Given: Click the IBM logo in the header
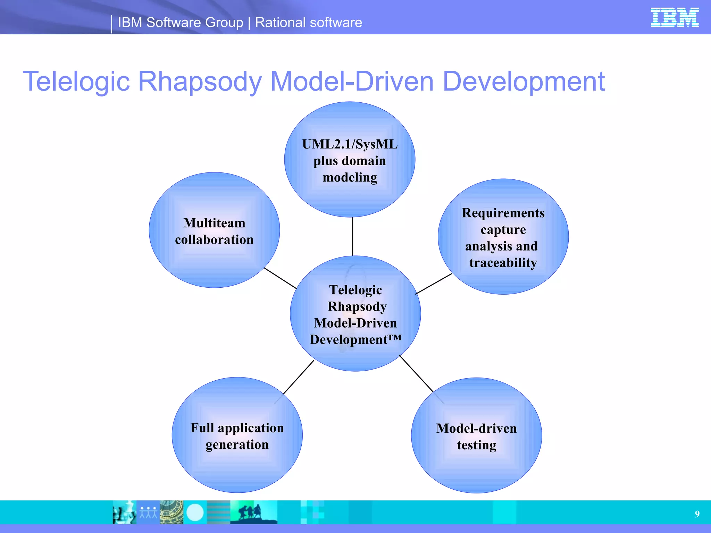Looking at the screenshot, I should [x=674, y=18].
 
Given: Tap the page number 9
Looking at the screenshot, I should [x=697, y=514].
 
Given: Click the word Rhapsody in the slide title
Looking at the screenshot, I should [x=200, y=82].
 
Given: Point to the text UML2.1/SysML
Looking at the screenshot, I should [x=350, y=144].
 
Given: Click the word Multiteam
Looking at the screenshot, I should [x=214, y=223].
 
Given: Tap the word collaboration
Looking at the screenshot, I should [x=214, y=240].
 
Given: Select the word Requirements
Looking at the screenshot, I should [x=503, y=213].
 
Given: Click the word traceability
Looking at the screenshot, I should [x=503, y=263].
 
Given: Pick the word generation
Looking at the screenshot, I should [x=237, y=445].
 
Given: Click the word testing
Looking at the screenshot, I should [x=476, y=445].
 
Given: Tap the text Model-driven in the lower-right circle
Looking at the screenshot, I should [x=476, y=429].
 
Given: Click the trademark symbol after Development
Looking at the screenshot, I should [x=395, y=337].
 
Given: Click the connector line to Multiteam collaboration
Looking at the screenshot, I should [x=280, y=278].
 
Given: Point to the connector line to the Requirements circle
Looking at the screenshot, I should [x=434, y=284].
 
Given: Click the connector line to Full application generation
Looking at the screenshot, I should [x=299, y=377].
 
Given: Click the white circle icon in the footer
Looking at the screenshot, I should [x=195, y=513].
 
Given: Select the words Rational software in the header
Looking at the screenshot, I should [x=308, y=23].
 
